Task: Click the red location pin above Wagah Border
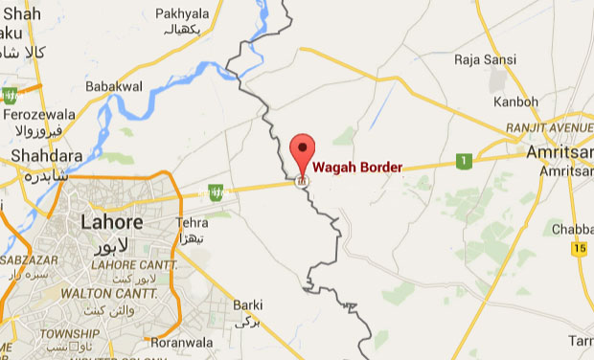(x=303, y=151)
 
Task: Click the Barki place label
(x=248, y=305)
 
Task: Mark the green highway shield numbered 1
(x=464, y=161)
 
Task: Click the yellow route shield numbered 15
(x=578, y=249)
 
